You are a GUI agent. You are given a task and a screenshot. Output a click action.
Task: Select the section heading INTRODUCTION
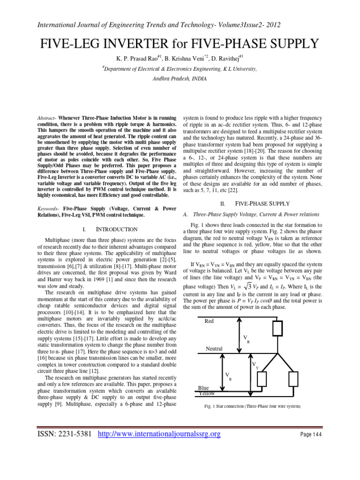coord(117,229)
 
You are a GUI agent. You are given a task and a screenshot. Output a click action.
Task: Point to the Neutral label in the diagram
coord(214,348)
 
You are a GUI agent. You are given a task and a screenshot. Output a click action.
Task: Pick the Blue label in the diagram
coord(203,388)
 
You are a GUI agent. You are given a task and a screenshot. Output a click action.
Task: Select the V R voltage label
coord(246,338)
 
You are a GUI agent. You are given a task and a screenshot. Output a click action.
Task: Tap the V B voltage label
coord(228,376)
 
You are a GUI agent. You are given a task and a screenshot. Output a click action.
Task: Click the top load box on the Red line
coord(277,329)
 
